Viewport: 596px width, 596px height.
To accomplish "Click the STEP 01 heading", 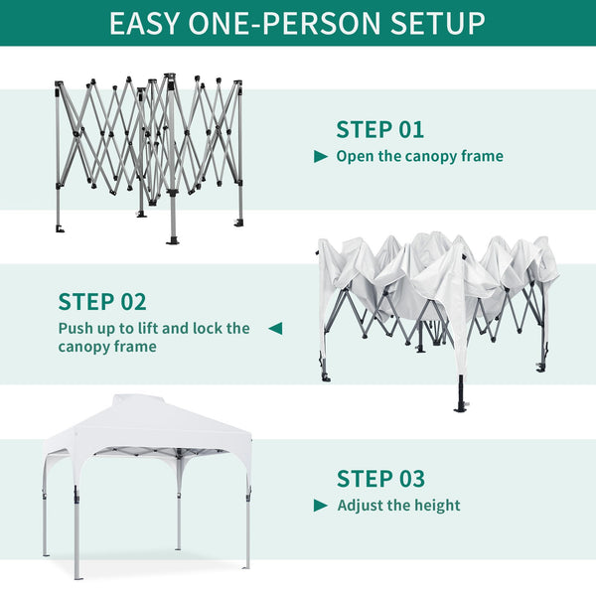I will pos(379,129).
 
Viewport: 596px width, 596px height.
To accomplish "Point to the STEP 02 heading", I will pos(102,302).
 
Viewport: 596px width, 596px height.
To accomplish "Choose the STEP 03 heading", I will pos(380,479).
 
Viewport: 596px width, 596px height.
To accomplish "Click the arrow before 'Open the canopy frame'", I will pos(321,157).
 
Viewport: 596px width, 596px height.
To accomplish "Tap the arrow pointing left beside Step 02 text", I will pos(275,328).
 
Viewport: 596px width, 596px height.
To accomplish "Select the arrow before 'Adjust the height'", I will pos(321,506).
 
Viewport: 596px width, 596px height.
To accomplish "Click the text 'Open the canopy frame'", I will pos(419,156).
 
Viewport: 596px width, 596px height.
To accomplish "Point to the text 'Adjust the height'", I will pos(398,506).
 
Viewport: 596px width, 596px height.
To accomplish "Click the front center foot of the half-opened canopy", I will pos(460,402).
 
